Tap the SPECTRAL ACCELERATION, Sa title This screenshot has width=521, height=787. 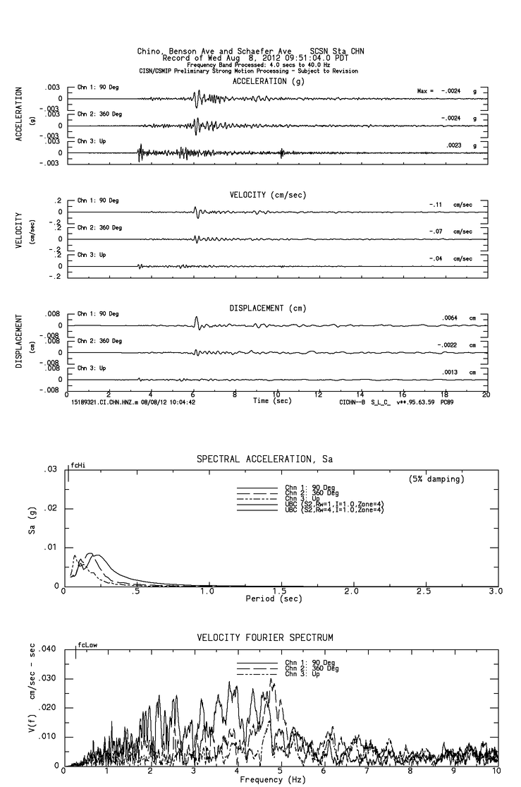tap(264, 459)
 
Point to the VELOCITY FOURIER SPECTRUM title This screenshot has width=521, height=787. tap(265, 638)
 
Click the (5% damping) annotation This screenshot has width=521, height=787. tap(436, 479)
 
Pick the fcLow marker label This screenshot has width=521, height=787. tap(87, 644)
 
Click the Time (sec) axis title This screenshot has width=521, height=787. tap(272, 401)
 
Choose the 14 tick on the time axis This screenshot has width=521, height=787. tap(360, 395)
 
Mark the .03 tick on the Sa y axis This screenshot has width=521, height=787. tap(51, 469)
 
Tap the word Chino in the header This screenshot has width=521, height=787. tap(152, 51)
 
